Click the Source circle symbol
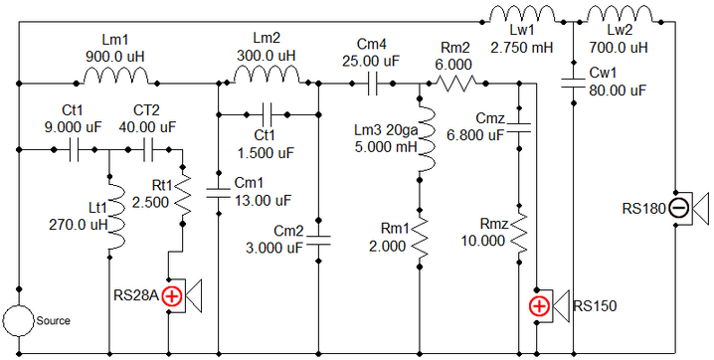pyautogui.click(x=19, y=320)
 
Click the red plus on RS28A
pyautogui.click(x=173, y=296)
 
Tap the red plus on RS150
pyautogui.click(x=540, y=306)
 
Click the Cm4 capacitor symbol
pyautogui.click(x=372, y=84)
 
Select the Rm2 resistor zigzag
pyautogui.click(x=456, y=84)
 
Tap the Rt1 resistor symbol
pyautogui.click(x=183, y=197)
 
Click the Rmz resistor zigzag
pyautogui.click(x=519, y=236)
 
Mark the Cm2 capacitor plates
pyautogui.click(x=319, y=241)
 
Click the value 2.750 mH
pyautogui.click(x=522, y=48)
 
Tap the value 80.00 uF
pyautogui.click(x=618, y=90)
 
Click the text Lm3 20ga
pyautogui.click(x=386, y=131)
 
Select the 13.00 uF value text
pyautogui.click(x=263, y=200)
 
